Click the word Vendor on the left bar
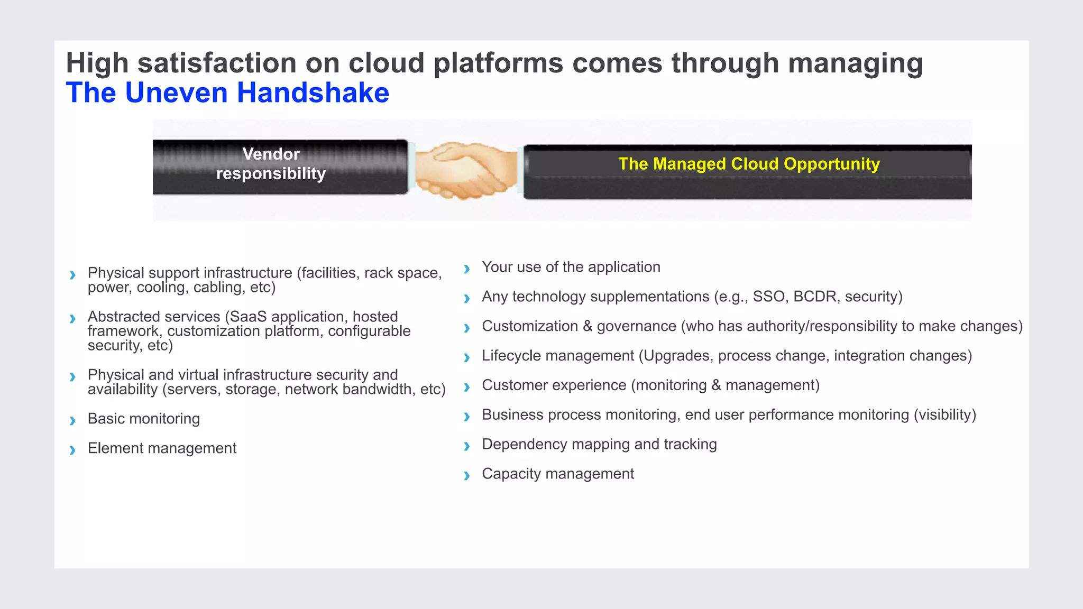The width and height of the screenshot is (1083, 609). [x=271, y=154]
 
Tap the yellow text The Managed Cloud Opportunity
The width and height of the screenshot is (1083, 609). [x=749, y=164]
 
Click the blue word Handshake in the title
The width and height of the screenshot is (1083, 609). [x=313, y=93]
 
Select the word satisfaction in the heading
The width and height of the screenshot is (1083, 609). [x=217, y=63]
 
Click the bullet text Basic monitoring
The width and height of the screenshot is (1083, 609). [x=144, y=419]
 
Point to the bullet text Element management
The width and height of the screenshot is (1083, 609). [x=162, y=448]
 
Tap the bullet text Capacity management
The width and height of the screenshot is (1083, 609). [x=557, y=474]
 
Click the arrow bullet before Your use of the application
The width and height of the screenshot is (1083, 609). [x=466, y=269]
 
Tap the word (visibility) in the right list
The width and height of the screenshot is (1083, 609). [x=944, y=415]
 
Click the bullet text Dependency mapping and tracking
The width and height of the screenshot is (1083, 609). [x=599, y=444]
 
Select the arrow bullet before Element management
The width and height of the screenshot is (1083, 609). [x=72, y=450]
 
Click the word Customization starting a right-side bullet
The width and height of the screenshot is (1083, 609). [x=529, y=326]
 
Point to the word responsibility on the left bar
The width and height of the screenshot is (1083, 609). [x=271, y=174]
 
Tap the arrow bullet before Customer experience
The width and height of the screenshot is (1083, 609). [x=466, y=387]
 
